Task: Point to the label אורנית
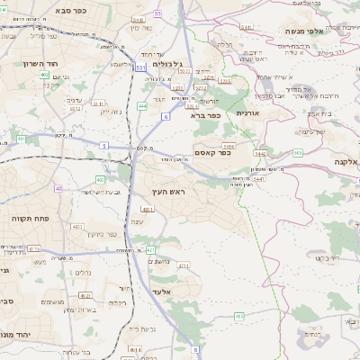(247, 113)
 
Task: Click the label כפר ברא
(205, 114)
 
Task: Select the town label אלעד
(163, 292)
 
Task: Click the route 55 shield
(157, 13)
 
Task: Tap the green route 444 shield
(142, 106)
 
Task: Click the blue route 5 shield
(103, 145)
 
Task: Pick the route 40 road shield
(58, 188)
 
